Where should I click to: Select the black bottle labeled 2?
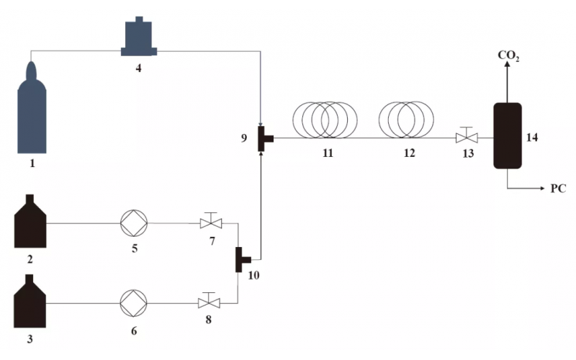pyautogui.click(x=31, y=223)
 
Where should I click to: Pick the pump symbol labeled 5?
pyautogui.click(x=135, y=223)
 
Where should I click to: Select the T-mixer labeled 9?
pyautogui.click(x=262, y=138)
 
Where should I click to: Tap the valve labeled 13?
pyautogui.click(x=466, y=138)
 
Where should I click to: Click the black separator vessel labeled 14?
pyautogui.click(x=507, y=135)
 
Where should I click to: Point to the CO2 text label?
pyautogui.click(x=508, y=55)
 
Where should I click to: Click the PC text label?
pyautogui.click(x=558, y=189)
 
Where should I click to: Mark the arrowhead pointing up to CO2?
pyautogui.click(x=507, y=67)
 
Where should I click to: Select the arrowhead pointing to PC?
pyautogui.click(x=539, y=189)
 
